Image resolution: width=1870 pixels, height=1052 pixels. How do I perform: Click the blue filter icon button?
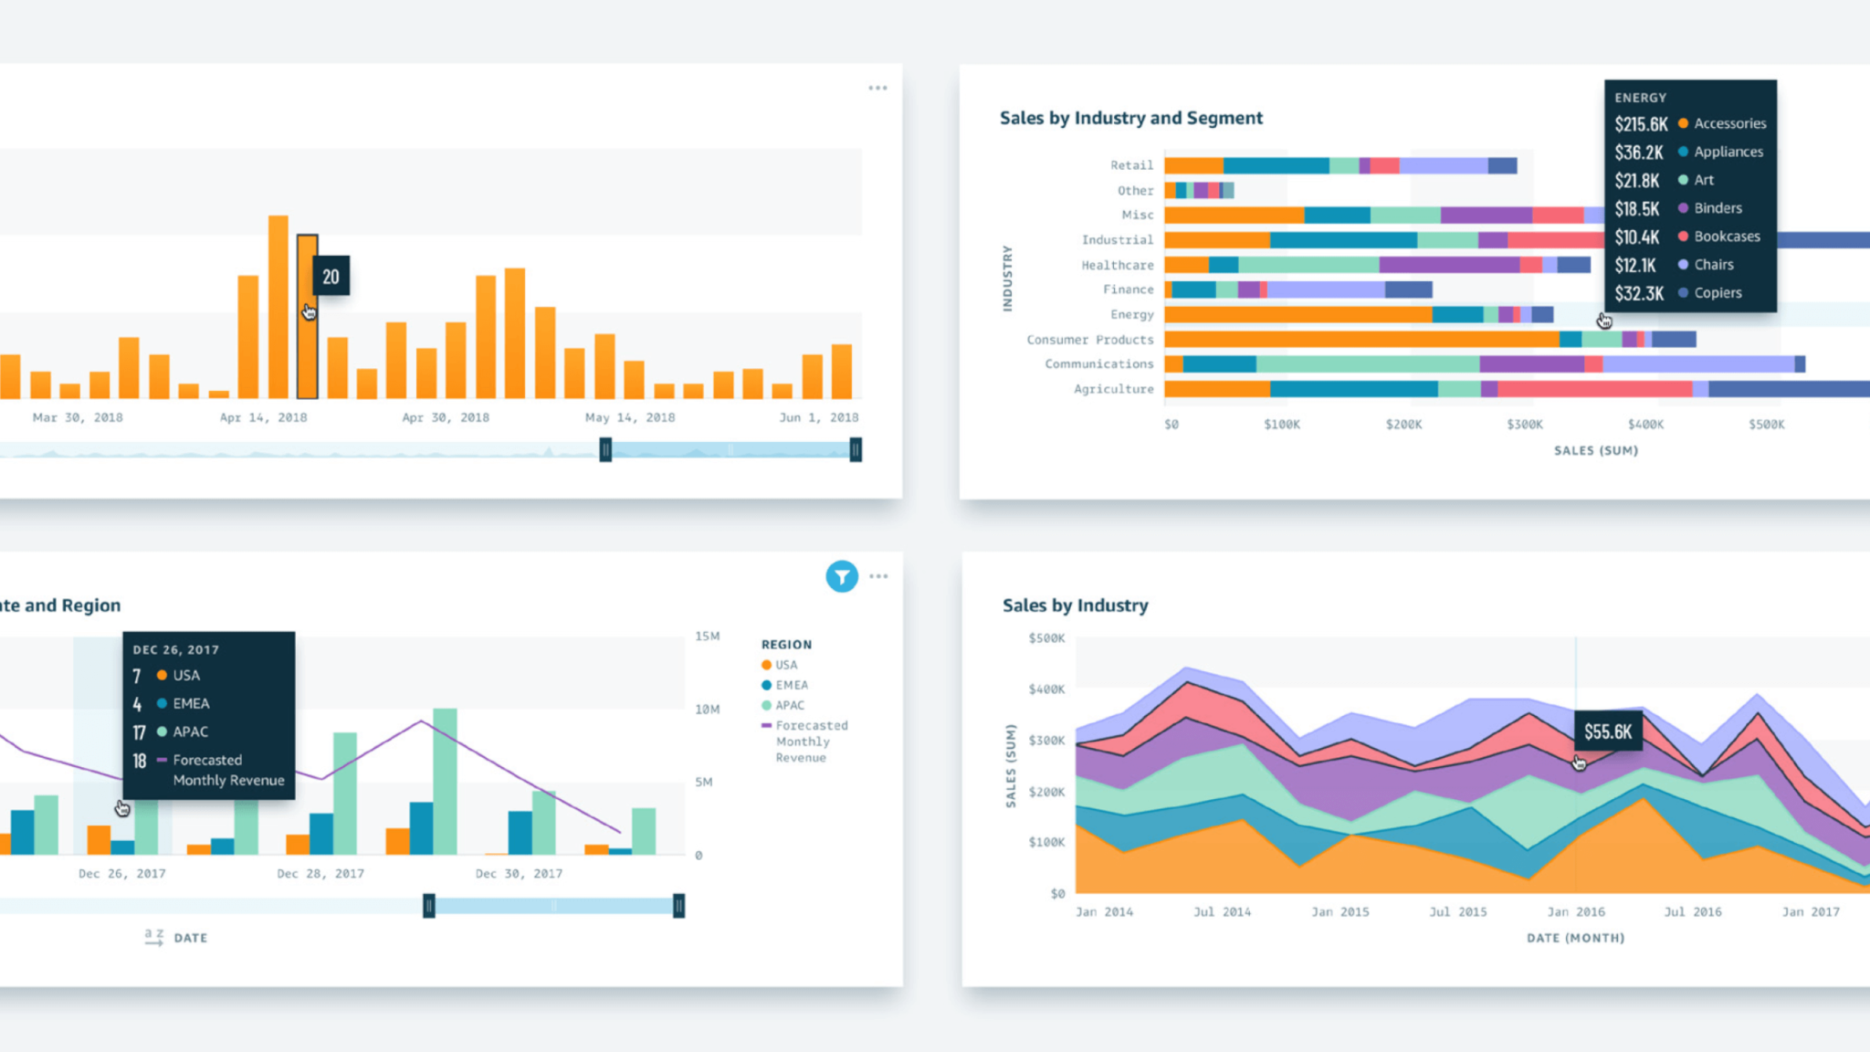tap(842, 576)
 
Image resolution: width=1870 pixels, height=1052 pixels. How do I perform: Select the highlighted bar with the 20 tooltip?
tap(307, 317)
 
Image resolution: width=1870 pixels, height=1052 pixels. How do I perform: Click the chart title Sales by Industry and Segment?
tap(1131, 118)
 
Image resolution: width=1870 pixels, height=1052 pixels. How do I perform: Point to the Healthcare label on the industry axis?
tap(1118, 265)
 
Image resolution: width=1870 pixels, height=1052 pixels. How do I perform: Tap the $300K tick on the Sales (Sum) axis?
tap(1525, 425)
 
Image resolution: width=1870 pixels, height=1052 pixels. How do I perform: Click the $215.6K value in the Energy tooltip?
tap(1641, 124)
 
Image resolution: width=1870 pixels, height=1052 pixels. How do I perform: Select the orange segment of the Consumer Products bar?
tap(1361, 340)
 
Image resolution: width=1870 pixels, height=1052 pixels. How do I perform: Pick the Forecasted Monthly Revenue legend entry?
tap(804, 742)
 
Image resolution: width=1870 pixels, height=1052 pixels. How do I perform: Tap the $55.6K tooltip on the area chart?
tap(1608, 731)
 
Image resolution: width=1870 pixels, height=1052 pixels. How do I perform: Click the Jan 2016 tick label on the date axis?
tap(1576, 911)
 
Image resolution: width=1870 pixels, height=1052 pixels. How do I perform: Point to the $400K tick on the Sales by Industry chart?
tap(1046, 689)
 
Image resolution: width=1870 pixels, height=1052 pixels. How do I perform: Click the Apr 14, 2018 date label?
tap(263, 417)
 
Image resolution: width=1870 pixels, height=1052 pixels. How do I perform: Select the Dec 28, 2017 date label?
tap(320, 874)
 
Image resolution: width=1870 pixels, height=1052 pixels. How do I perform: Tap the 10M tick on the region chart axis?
tap(708, 710)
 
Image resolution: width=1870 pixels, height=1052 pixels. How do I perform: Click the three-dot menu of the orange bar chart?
tap(877, 89)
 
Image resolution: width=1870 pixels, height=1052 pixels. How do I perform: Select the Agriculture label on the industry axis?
tap(1114, 389)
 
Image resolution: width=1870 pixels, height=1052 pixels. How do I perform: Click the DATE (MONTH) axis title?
tap(1576, 938)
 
